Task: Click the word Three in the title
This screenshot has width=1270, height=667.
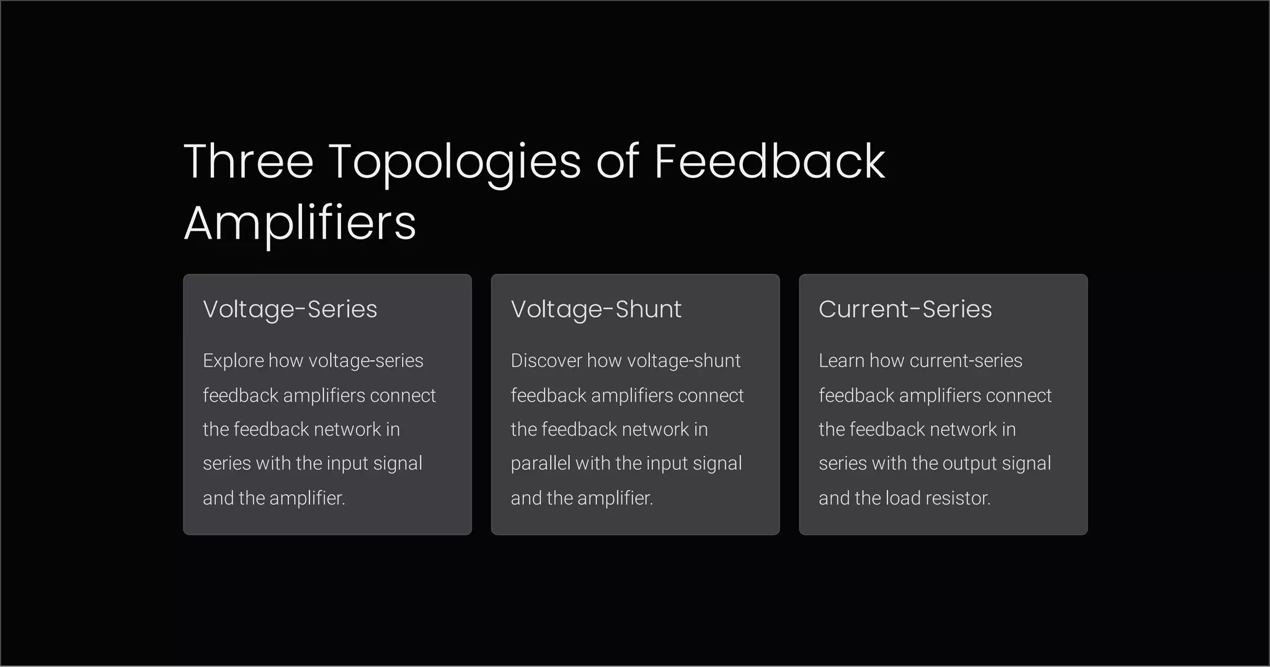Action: click(249, 161)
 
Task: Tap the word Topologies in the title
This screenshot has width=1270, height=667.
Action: click(455, 162)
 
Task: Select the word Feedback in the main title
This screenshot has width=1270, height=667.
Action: click(770, 161)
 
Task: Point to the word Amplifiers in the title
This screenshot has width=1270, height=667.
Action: click(300, 223)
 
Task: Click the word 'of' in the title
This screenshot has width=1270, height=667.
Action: click(617, 161)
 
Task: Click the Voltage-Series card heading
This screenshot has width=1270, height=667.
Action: click(290, 309)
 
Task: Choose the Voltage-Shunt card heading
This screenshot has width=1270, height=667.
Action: click(596, 309)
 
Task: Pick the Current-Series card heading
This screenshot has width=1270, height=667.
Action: click(905, 309)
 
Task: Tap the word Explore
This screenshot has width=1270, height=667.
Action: click(233, 361)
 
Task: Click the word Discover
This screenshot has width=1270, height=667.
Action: click(546, 361)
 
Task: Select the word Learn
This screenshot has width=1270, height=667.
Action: click(841, 361)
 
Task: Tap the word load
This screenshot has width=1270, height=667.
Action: click(901, 498)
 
